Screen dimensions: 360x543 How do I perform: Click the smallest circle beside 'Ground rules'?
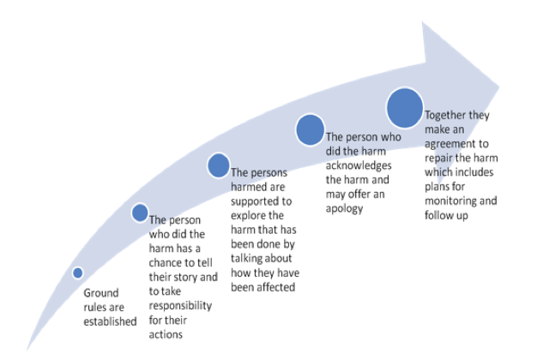tap(78, 273)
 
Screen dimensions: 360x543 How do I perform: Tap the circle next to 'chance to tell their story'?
tap(140, 213)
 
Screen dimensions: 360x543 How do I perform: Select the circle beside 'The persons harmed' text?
tap(219, 165)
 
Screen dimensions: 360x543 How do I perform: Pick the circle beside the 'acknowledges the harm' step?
tap(310, 129)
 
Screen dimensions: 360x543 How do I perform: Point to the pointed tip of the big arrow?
tap(499, 86)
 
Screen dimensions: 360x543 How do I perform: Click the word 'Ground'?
tap(101, 293)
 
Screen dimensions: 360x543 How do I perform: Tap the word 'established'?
tap(110, 321)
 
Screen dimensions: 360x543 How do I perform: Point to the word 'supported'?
tap(257, 201)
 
